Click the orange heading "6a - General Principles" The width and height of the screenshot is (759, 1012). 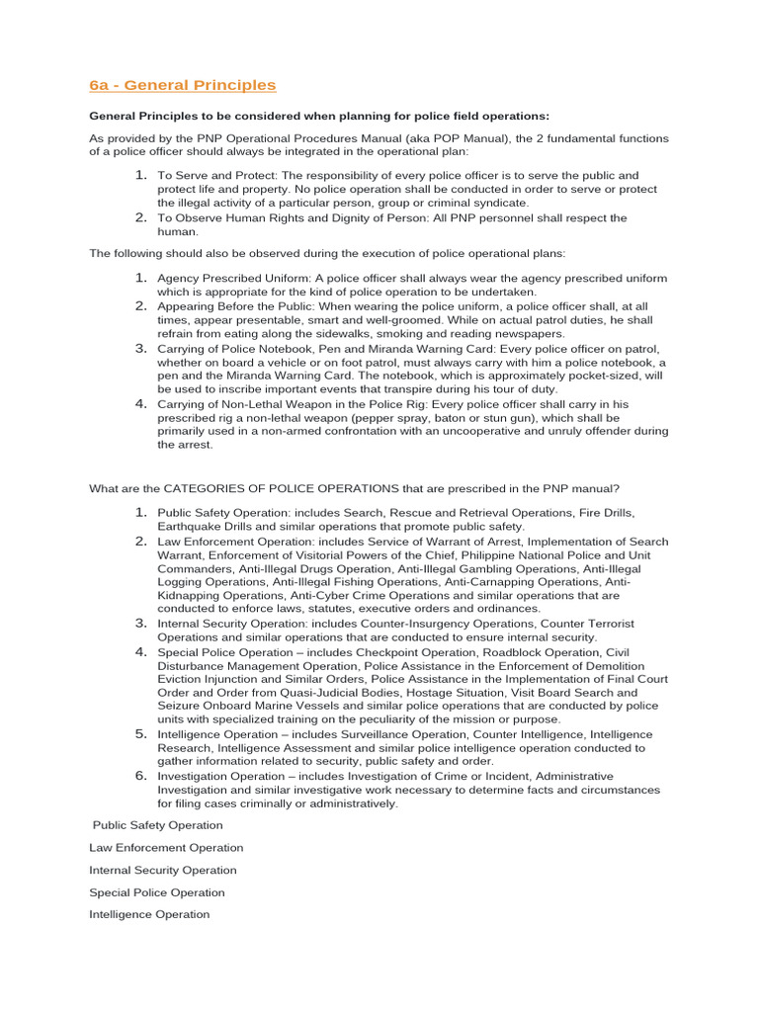[183, 85]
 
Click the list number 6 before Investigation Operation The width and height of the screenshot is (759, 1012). [140, 776]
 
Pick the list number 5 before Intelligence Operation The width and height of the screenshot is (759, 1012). [140, 734]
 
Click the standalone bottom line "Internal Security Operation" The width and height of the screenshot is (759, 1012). [163, 871]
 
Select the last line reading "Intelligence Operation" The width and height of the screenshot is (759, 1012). [149, 914]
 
